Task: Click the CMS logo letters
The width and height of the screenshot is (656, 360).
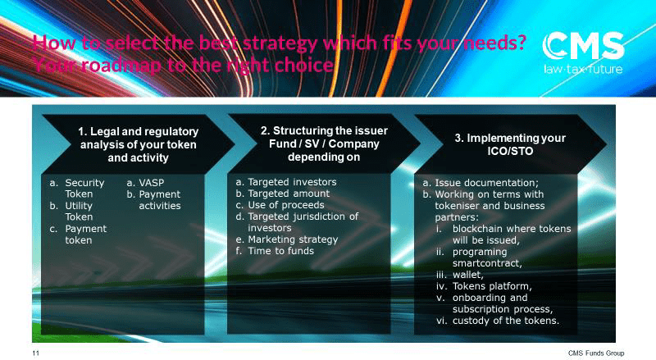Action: (x=583, y=46)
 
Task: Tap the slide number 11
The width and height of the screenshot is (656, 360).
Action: (x=35, y=353)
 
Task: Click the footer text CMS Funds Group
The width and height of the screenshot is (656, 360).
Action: (x=596, y=353)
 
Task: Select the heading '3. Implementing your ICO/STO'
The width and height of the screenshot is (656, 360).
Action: (x=510, y=144)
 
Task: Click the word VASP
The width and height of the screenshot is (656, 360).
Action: (x=151, y=183)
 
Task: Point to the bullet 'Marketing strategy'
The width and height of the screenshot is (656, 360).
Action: (x=293, y=239)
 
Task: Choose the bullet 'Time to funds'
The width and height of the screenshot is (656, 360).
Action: (x=280, y=251)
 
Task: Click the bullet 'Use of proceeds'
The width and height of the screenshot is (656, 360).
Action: (x=285, y=205)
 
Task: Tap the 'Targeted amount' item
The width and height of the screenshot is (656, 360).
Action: (x=289, y=194)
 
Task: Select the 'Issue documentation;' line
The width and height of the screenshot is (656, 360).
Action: (x=486, y=183)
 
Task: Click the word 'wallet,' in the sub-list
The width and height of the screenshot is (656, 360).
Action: (x=467, y=275)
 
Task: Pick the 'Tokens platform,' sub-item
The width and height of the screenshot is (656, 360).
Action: (x=492, y=286)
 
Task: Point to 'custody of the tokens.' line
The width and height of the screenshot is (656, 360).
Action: (x=505, y=321)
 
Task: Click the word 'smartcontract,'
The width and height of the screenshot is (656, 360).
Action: (x=487, y=263)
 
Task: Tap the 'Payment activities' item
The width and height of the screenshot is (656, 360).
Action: (x=159, y=200)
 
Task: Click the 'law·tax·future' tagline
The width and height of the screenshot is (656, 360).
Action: (x=583, y=69)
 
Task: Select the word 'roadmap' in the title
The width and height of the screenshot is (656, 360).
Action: (x=121, y=66)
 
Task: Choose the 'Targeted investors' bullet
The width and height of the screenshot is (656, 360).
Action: (x=292, y=182)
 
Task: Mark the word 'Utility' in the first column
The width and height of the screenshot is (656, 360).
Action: (x=79, y=206)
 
